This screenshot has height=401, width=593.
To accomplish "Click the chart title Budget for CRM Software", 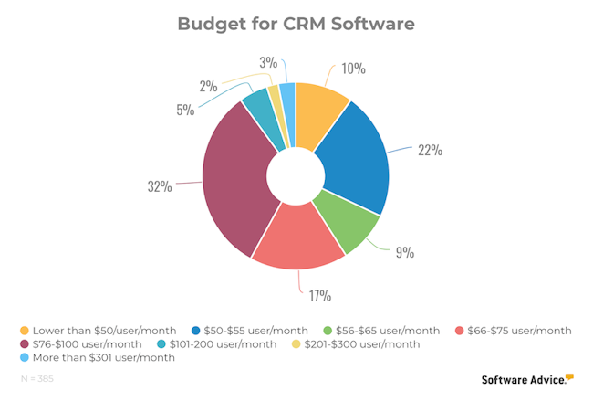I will [296, 24].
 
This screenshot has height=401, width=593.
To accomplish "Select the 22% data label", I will [429, 150].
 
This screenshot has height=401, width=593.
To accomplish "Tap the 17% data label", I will [318, 295].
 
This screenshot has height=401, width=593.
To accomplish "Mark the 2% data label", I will [208, 86].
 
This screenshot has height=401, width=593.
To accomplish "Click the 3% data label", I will [268, 62].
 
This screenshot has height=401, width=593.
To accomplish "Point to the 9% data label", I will [404, 250].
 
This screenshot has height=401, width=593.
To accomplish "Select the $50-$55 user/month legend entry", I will [250, 331].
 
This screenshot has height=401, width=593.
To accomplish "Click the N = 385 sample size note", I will [36, 377].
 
